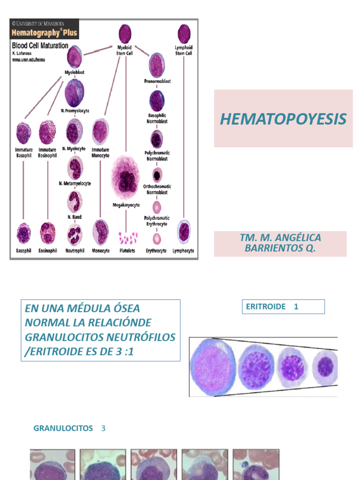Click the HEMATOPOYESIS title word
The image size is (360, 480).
click(283, 119)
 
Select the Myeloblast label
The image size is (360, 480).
click(74, 72)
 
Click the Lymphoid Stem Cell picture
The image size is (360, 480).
click(184, 34)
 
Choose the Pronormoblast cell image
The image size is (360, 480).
click(157, 65)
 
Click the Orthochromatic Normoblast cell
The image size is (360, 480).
click(157, 175)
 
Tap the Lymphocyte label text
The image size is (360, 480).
click(183, 251)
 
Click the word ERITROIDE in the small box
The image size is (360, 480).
click(266, 307)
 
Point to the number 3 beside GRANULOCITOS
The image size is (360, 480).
click(104, 428)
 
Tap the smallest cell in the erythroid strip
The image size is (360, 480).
click(325, 367)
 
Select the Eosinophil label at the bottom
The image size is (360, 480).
click(47, 251)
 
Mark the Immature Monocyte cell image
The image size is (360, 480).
click(100, 131)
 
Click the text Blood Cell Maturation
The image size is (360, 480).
click(40, 46)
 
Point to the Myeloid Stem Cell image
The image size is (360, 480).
click(125, 34)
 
